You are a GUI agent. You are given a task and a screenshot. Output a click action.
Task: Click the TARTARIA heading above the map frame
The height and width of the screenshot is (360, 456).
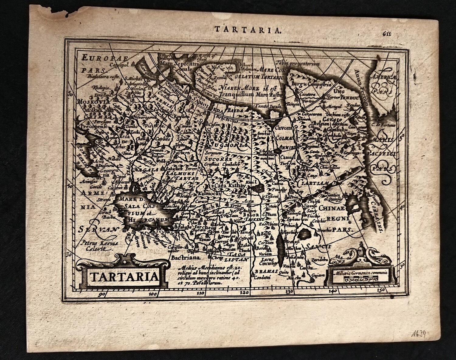click(248, 29)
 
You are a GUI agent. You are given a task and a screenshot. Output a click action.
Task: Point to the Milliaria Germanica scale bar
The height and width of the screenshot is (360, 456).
click(360, 277)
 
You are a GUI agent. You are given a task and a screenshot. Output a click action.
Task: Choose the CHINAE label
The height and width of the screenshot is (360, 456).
click(332, 208)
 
